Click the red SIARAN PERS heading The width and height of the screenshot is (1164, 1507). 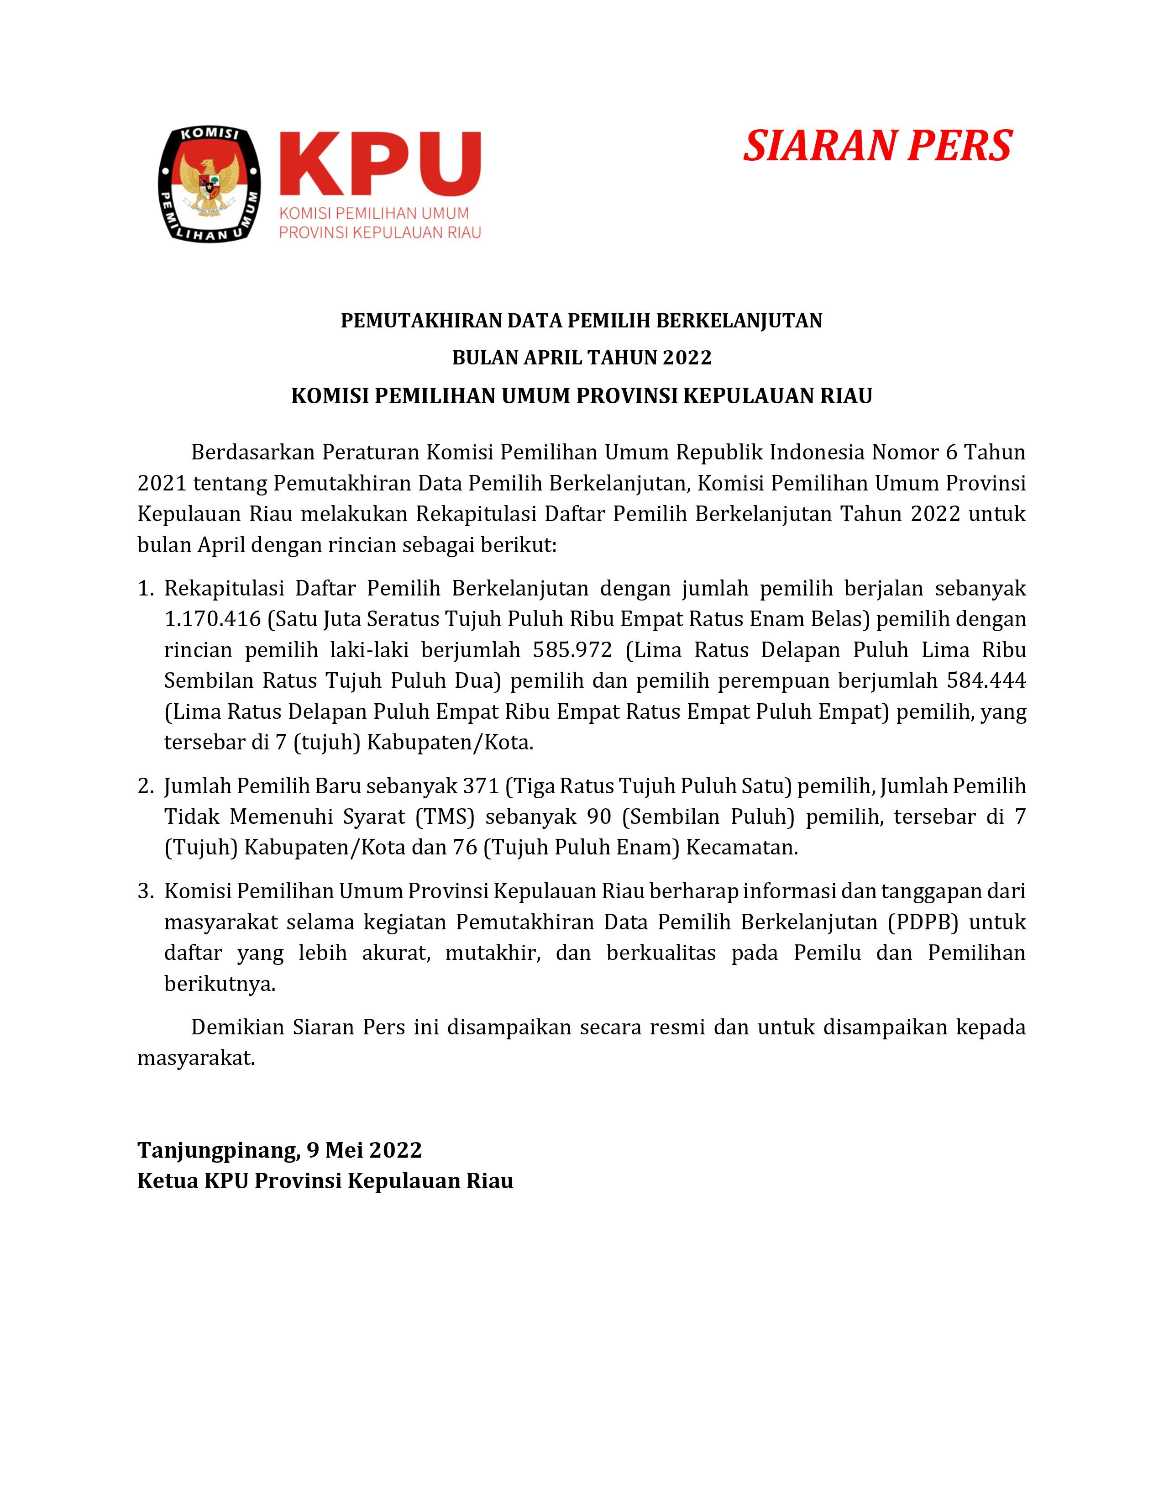tap(877, 146)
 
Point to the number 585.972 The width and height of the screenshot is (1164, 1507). tap(572, 650)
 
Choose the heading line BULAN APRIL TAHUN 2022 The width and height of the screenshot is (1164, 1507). tap(581, 358)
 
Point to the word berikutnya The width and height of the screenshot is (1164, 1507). tap(219, 984)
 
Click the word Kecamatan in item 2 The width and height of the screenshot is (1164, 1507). tap(740, 847)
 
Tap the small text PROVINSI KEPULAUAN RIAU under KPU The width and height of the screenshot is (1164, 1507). tap(380, 232)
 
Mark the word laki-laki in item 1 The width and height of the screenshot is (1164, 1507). tap(372, 650)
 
